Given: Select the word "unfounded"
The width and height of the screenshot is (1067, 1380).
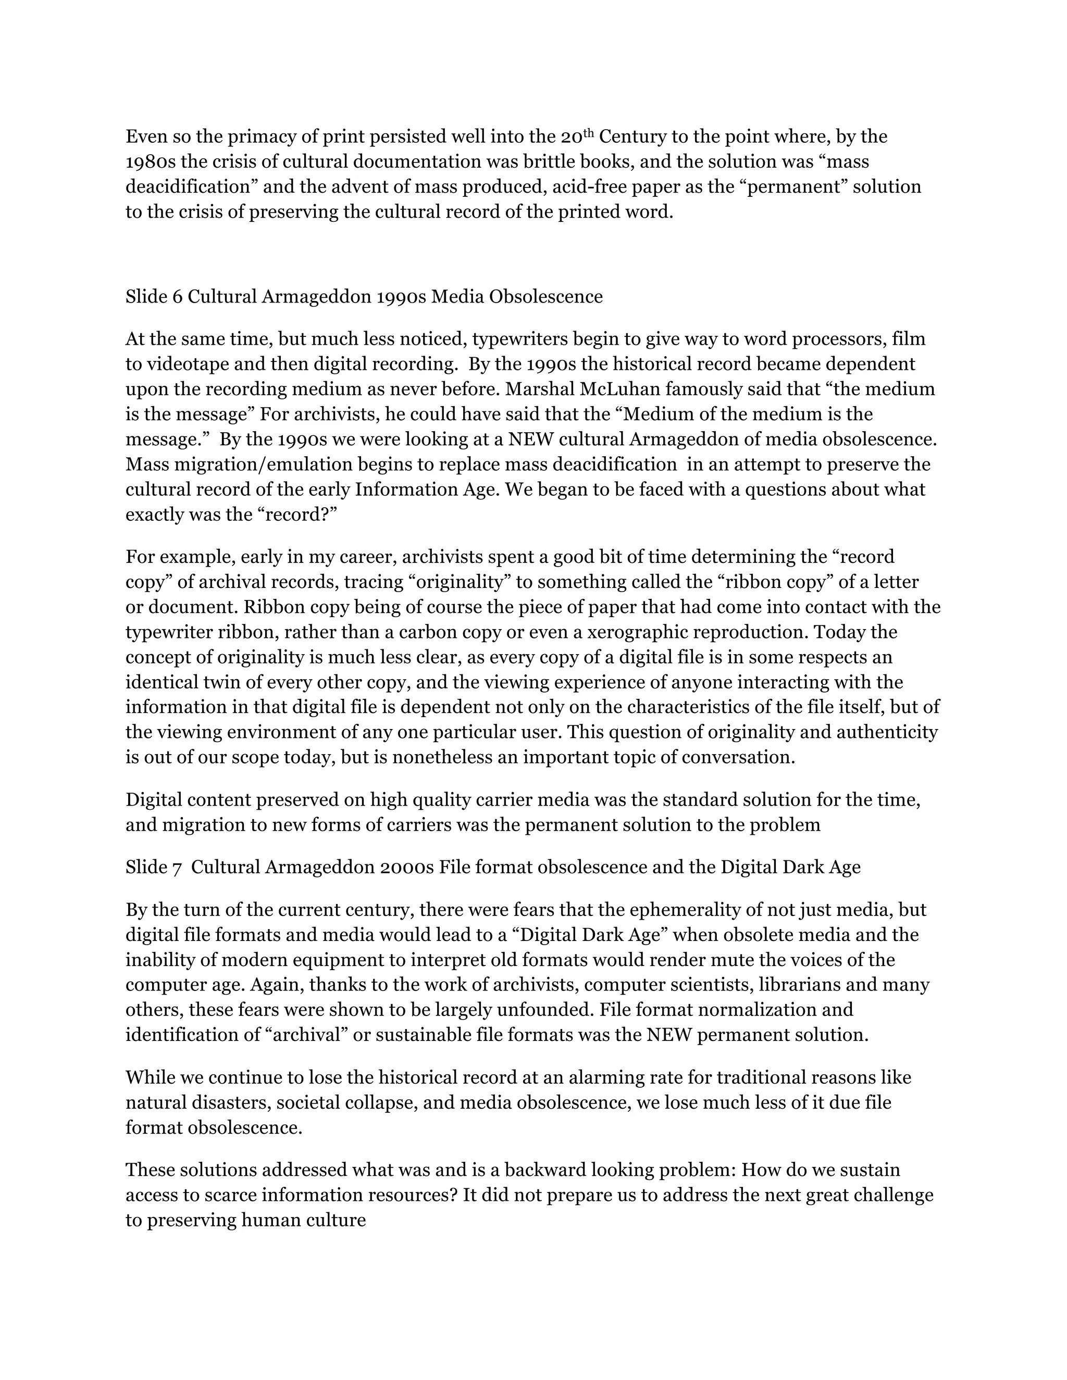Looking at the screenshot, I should click(x=545, y=1010).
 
